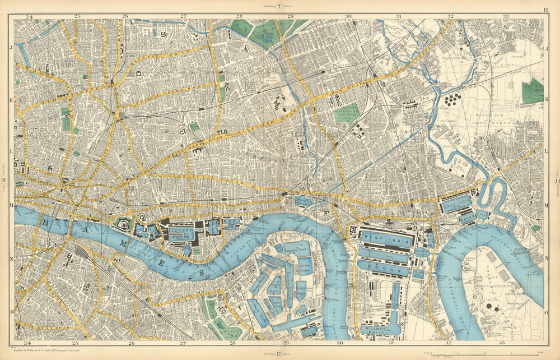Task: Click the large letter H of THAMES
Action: click(44, 223)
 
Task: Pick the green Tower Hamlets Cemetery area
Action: click(347, 113)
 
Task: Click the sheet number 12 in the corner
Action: click(545, 10)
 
